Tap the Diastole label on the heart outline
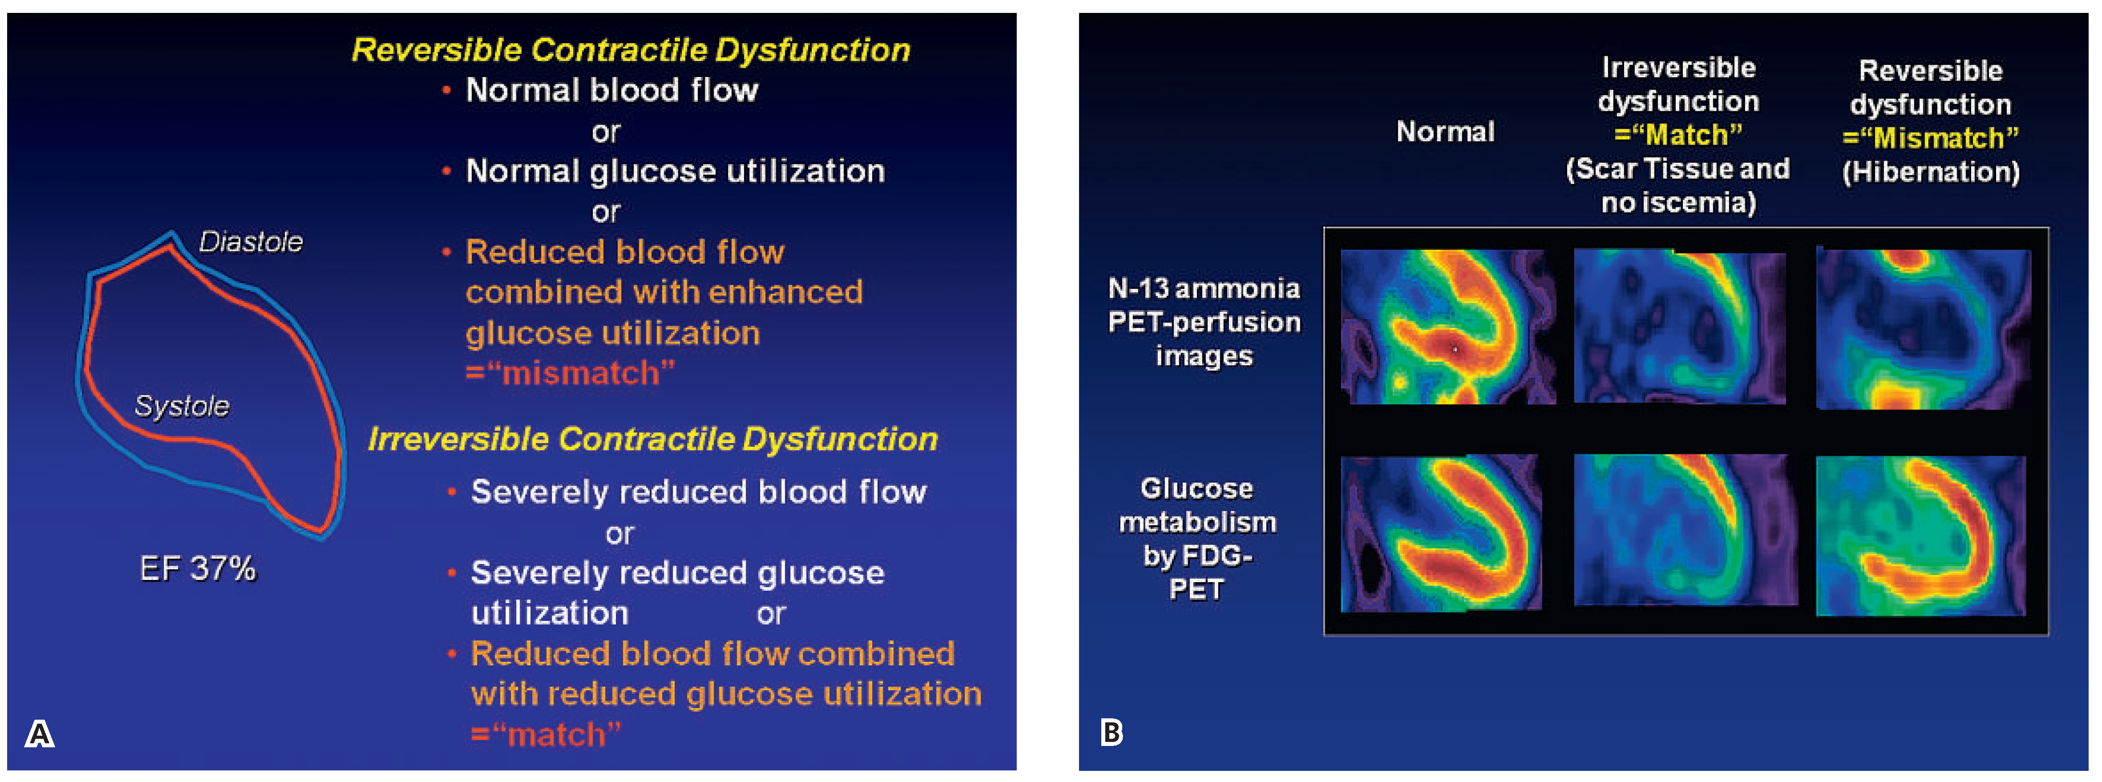point(251,242)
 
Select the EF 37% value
point(198,568)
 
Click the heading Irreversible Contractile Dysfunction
point(653,439)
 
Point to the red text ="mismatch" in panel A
point(570,373)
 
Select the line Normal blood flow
point(611,90)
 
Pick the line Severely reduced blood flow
point(699,491)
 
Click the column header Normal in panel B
point(1445,131)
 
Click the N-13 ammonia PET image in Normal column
point(1447,327)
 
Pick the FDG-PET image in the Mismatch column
point(1921,535)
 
